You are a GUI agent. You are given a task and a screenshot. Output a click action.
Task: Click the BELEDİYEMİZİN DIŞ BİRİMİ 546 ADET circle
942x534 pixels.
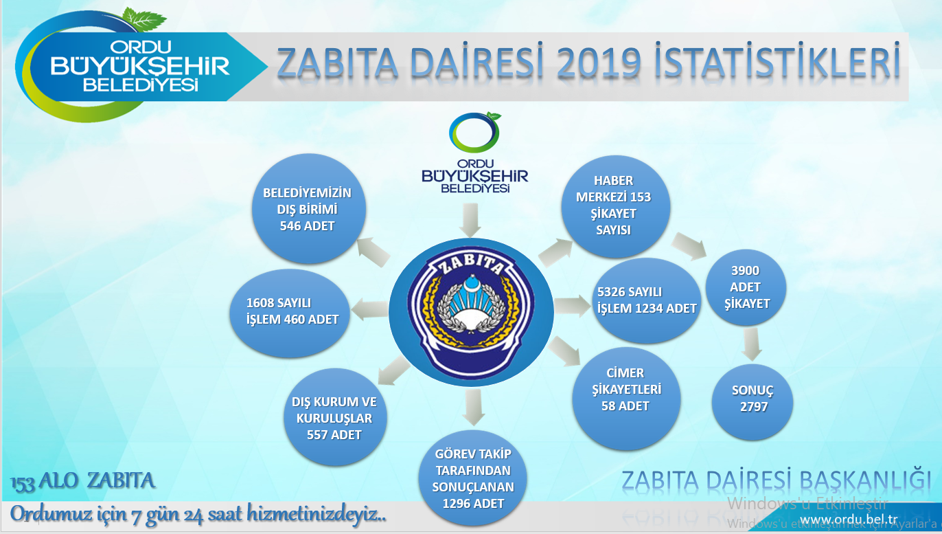307,209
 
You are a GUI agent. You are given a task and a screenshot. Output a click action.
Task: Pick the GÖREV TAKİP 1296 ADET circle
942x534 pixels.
473,478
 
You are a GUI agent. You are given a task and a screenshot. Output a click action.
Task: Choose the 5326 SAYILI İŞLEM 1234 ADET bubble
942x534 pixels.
646,301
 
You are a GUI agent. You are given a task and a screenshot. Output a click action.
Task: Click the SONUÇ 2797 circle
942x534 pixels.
753,399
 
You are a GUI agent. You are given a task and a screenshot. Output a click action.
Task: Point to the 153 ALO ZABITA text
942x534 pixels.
82,480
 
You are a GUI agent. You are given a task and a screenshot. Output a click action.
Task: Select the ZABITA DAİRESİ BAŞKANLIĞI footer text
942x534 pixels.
777,480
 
